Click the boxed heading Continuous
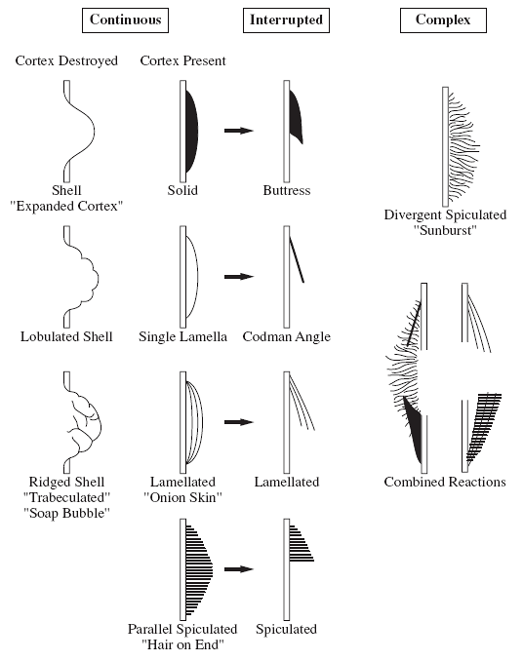[125, 20]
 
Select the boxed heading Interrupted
[286, 20]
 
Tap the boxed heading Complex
[443, 20]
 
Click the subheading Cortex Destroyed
[66, 60]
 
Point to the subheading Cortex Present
[182, 60]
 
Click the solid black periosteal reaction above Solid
[191, 131]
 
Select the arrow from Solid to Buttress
[239, 131]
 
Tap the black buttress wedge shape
[296, 116]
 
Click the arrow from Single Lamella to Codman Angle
[239, 277]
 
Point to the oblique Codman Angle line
[297, 259]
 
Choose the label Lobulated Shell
[66, 336]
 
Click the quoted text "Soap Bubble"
[66, 514]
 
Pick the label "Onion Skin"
[182, 497]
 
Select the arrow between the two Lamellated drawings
[239, 422]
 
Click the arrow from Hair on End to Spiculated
[239, 569]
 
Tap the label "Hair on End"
[182, 644]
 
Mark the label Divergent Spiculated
[445, 215]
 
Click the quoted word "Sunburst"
[445, 231]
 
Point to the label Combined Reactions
[445, 482]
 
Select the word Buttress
[287, 190]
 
